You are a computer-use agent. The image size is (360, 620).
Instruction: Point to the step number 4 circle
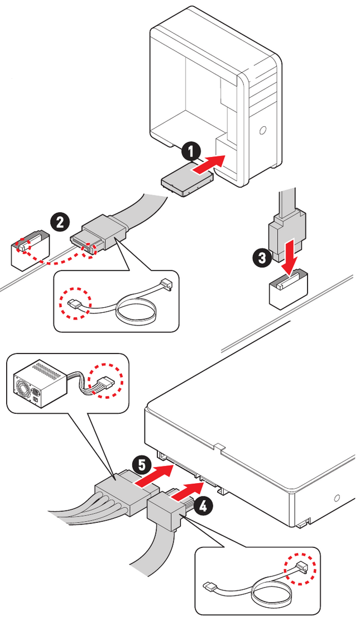pos(204,506)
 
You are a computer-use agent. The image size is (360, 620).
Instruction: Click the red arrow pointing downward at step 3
pos(289,257)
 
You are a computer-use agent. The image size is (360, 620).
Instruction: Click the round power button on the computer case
pos(262,132)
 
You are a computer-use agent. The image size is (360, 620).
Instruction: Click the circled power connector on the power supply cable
pos(106,383)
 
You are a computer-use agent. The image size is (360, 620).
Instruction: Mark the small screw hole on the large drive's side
pos(337,498)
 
